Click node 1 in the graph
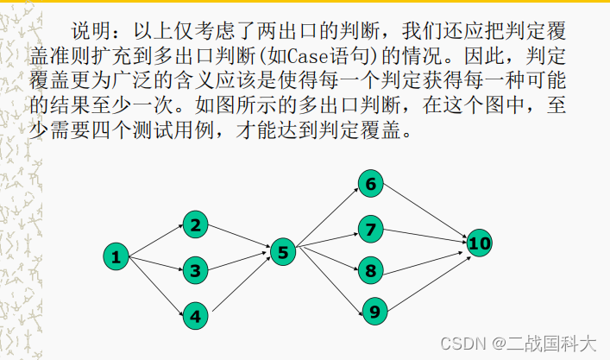click(x=116, y=256)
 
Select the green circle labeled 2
click(x=196, y=226)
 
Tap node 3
click(x=196, y=271)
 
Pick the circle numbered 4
click(x=196, y=316)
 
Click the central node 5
click(x=283, y=251)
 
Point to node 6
click(x=371, y=184)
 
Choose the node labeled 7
click(x=371, y=229)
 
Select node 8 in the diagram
click(x=371, y=270)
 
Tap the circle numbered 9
click(x=374, y=311)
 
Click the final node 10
click(x=480, y=243)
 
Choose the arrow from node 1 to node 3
click(x=155, y=263)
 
